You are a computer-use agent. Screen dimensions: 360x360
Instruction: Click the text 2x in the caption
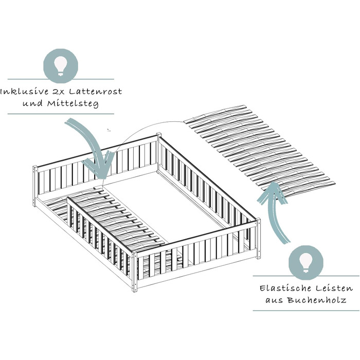pyautogui.click(x=59, y=92)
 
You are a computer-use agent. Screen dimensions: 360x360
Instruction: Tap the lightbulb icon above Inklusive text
pyautogui.click(x=61, y=66)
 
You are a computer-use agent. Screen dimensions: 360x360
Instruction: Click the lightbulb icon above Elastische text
pyautogui.click(x=305, y=262)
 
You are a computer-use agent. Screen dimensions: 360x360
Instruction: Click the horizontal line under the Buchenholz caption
pyautogui.click(x=305, y=311)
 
